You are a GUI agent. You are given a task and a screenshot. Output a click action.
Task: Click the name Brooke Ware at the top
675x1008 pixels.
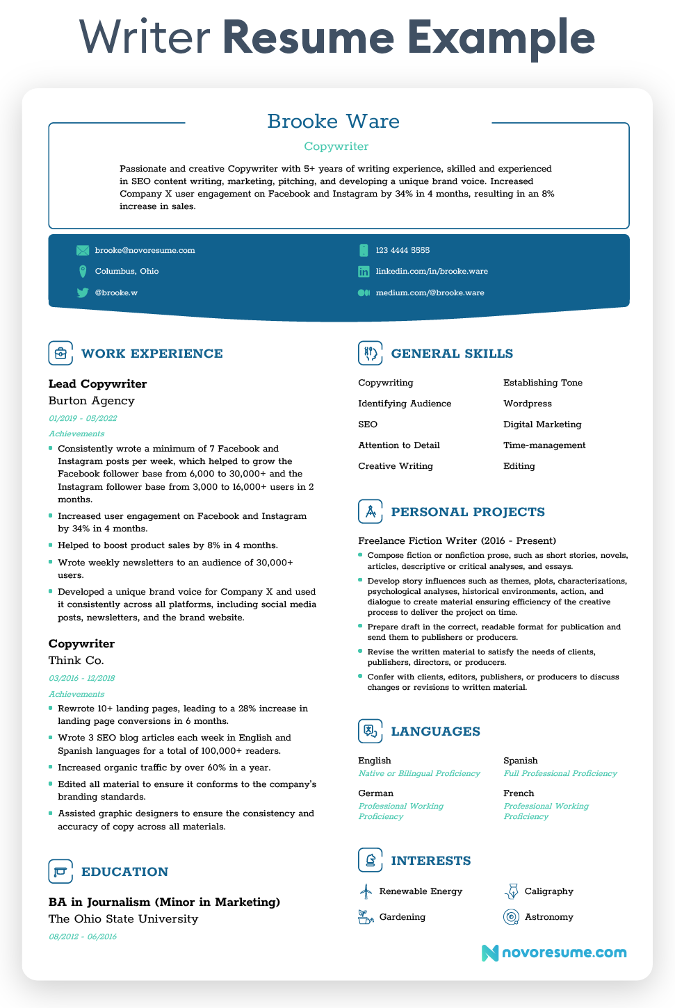pos(334,122)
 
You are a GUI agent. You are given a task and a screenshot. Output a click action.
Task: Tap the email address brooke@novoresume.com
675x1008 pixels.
pos(145,250)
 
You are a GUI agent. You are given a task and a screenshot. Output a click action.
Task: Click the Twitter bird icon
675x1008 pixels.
pos(83,292)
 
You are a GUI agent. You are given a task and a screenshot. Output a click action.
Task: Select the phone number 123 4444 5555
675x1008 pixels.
pos(402,250)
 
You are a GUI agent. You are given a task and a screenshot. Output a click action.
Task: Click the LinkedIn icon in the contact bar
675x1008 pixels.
pos(364,272)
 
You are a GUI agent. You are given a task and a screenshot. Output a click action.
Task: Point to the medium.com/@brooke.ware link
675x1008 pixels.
pos(430,292)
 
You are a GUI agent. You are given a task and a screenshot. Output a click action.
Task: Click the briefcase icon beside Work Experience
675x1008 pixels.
pos(60,353)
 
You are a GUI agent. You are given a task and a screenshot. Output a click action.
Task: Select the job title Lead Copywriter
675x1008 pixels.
pos(97,383)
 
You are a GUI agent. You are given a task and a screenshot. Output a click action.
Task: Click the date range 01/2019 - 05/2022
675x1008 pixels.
pos(83,418)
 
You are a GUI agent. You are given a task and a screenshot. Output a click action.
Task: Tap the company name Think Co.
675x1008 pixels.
pos(76,660)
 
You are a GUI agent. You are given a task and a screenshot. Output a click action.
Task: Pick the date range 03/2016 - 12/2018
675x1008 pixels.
pos(82,678)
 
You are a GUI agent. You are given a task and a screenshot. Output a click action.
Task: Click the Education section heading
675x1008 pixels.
pos(124,872)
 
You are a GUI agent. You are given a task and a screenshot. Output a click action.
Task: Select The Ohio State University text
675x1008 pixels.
pos(123,918)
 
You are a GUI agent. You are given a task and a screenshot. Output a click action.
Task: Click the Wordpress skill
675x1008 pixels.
pos(528,404)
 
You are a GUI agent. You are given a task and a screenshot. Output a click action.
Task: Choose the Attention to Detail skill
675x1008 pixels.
pos(399,445)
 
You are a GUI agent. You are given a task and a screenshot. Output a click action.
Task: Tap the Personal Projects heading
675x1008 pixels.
pos(468,512)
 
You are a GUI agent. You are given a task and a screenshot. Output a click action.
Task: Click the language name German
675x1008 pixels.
pos(375,793)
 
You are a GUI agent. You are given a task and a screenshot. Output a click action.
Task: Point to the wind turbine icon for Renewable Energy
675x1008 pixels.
pos(366,891)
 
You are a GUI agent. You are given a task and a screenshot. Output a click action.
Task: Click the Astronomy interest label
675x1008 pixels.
pos(548,917)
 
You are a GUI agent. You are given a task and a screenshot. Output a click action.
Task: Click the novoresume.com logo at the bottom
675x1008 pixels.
pos(554,952)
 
